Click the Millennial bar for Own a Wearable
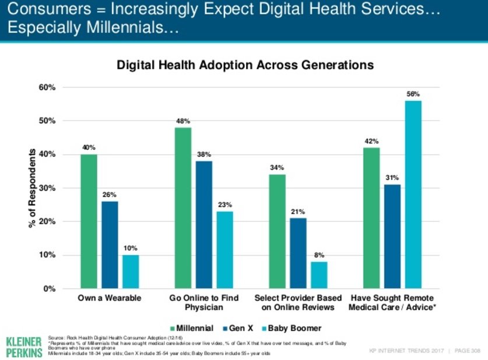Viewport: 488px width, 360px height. pyautogui.click(x=89, y=221)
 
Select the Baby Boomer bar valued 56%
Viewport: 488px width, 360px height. pyautogui.click(x=413, y=195)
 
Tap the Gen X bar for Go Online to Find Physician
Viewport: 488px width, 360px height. pyautogui.click(x=204, y=225)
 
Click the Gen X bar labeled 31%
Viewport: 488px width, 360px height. pyautogui.click(x=392, y=237)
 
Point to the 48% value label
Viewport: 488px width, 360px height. pyautogui.click(x=183, y=121)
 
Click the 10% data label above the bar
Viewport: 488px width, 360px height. pyautogui.click(x=131, y=249)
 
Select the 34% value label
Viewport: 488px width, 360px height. pyautogui.click(x=276, y=168)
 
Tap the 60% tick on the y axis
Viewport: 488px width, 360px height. pyautogui.click(x=47, y=87)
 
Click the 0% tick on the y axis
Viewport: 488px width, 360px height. pyautogui.click(x=50, y=288)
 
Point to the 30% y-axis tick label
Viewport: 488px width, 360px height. pyautogui.click(x=47, y=188)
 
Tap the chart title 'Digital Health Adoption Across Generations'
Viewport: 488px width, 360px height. pyautogui.click(x=245, y=65)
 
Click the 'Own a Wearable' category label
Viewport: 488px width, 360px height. pyautogui.click(x=110, y=298)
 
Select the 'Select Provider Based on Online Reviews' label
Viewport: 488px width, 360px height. pyautogui.click(x=298, y=302)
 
